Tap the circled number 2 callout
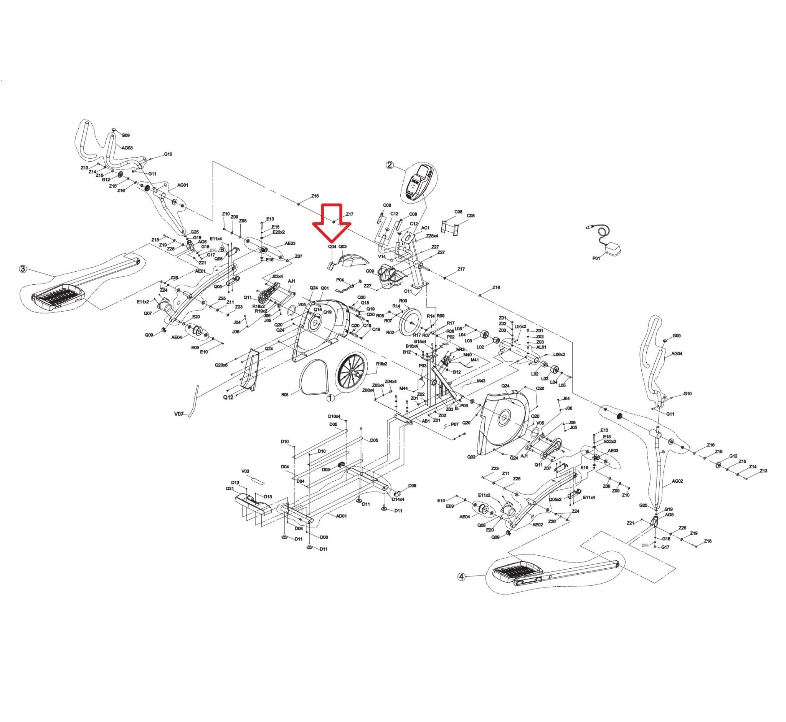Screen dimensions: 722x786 pyautogui.click(x=390, y=165)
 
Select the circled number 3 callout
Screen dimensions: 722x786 pyautogui.click(x=23, y=269)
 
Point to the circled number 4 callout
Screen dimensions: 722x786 pyautogui.click(x=462, y=577)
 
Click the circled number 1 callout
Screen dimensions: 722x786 pyautogui.click(x=330, y=398)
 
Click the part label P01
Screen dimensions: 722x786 pyautogui.click(x=596, y=258)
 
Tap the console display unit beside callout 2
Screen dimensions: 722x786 pyautogui.click(x=419, y=183)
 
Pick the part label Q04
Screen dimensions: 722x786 pyautogui.click(x=332, y=247)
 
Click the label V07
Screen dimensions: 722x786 pyautogui.click(x=179, y=413)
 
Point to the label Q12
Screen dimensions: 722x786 pyautogui.click(x=228, y=397)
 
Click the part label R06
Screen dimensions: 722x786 pyautogui.click(x=285, y=395)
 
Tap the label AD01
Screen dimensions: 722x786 pyautogui.click(x=342, y=516)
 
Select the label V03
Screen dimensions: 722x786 pyautogui.click(x=245, y=471)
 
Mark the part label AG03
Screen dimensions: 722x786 pyautogui.click(x=127, y=148)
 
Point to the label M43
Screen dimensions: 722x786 pyautogui.click(x=481, y=381)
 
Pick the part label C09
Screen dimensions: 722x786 pyautogui.click(x=370, y=271)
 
